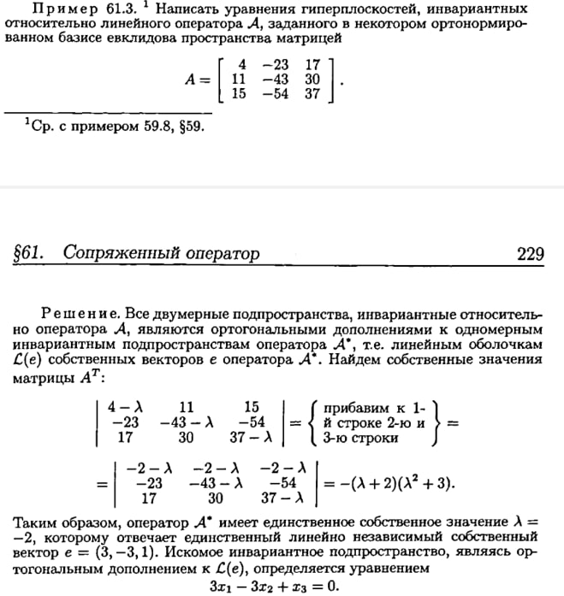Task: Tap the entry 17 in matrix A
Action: click(312, 64)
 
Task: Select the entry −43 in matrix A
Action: click(276, 79)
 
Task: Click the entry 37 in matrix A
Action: click(312, 93)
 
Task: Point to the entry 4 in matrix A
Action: click(242, 64)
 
